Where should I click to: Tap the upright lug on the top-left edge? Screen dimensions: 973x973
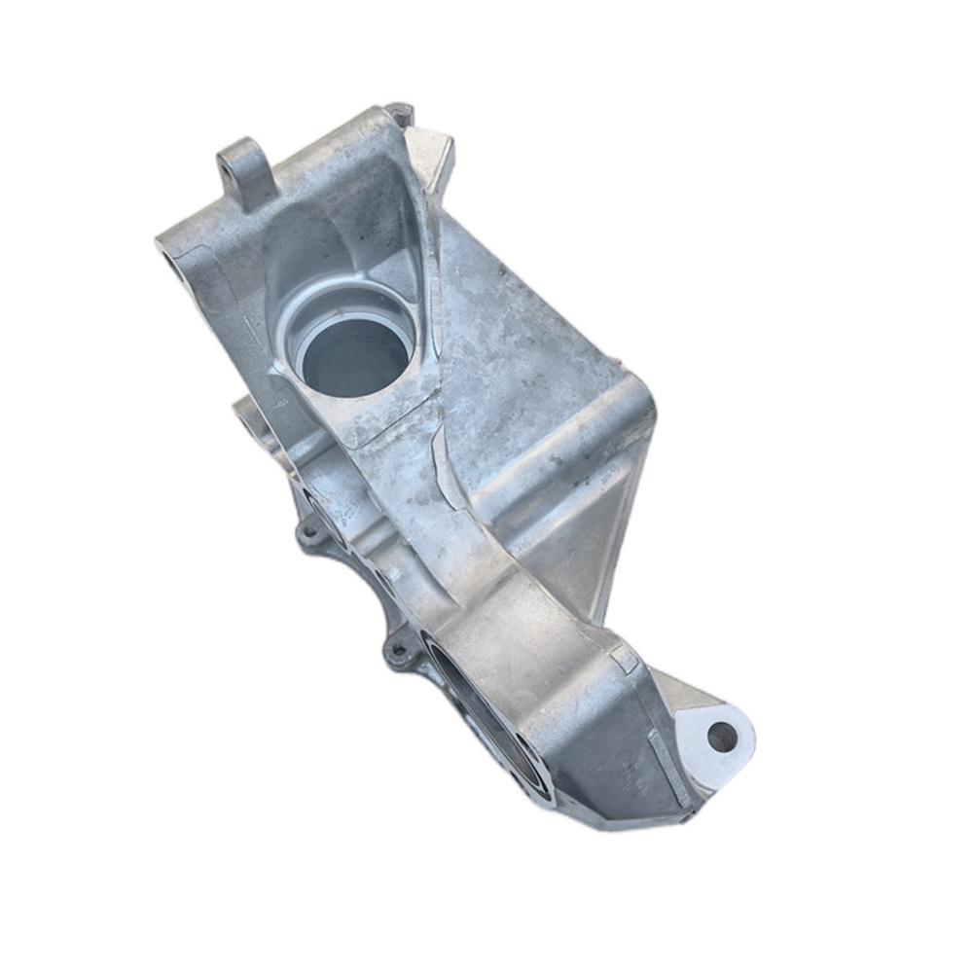[x=243, y=173]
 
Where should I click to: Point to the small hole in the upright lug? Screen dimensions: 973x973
[x=231, y=166]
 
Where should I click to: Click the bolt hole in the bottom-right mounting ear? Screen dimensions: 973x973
[x=722, y=737]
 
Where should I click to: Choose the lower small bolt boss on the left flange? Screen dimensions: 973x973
[x=396, y=649]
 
